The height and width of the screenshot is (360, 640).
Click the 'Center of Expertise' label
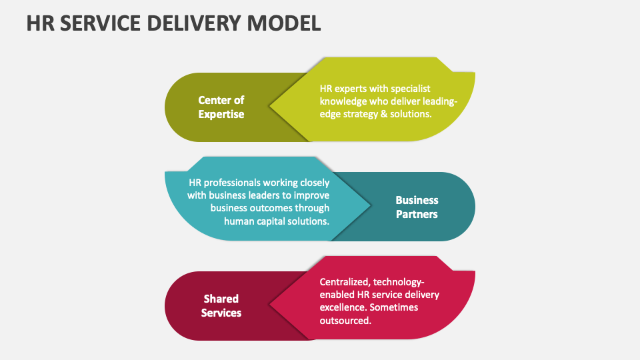coord(221,107)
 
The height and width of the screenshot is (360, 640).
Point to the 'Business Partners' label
coord(417,207)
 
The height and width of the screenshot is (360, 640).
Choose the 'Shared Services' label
coord(221,305)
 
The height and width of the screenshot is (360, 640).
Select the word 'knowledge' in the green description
coord(343,101)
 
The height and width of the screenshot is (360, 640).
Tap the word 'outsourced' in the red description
coord(344,320)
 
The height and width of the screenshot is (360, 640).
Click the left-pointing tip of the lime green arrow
coord(270,105)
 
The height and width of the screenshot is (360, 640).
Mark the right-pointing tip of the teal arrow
coord(370,205)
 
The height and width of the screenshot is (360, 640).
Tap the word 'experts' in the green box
coord(351,89)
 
